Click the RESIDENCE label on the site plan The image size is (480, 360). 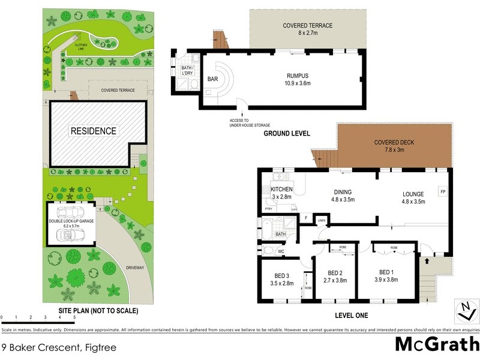click(94, 131)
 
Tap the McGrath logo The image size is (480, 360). click(436, 344)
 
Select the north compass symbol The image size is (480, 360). click(466, 311)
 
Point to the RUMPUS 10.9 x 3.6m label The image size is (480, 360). click(297, 80)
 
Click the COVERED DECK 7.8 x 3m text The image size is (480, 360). click(394, 146)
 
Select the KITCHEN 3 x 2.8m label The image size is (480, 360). click(281, 193)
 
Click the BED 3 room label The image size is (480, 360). click(281, 280)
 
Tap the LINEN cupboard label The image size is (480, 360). click(321, 221)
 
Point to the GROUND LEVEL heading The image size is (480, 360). click(287, 134)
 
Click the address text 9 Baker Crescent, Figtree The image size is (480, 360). click(59, 347)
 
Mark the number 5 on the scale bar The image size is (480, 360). click(74, 317)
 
